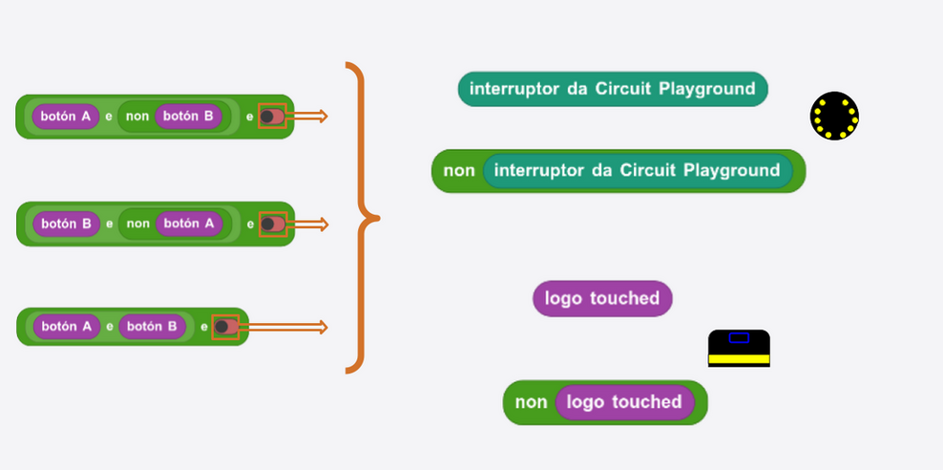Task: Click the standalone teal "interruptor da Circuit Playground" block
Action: (x=613, y=89)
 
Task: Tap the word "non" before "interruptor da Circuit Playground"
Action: (x=459, y=171)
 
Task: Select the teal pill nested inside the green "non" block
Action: (x=638, y=171)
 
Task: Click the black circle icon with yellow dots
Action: (x=834, y=117)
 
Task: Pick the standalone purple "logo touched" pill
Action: (x=602, y=298)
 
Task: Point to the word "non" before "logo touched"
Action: (x=531, y=402)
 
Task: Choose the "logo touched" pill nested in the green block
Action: (x=625, y=402)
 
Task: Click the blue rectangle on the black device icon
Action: (x=739, y=337)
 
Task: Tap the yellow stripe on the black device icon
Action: (x=739, y=359)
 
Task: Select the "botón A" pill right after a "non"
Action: (x=189, y=224)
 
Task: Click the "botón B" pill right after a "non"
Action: (x=188, y=117)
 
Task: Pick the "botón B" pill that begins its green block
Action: (x=66, y=224)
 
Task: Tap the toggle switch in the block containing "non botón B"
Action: (x=272, y=117)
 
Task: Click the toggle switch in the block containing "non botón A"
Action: (x=272, y=224)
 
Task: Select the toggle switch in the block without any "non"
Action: (x=225, y=327)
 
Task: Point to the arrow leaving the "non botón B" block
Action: (x=306, y=117)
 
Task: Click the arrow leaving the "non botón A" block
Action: (x=306, y=224)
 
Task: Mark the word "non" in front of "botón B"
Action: (x=137, y=117)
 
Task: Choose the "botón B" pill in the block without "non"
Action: (x=152, y=327)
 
